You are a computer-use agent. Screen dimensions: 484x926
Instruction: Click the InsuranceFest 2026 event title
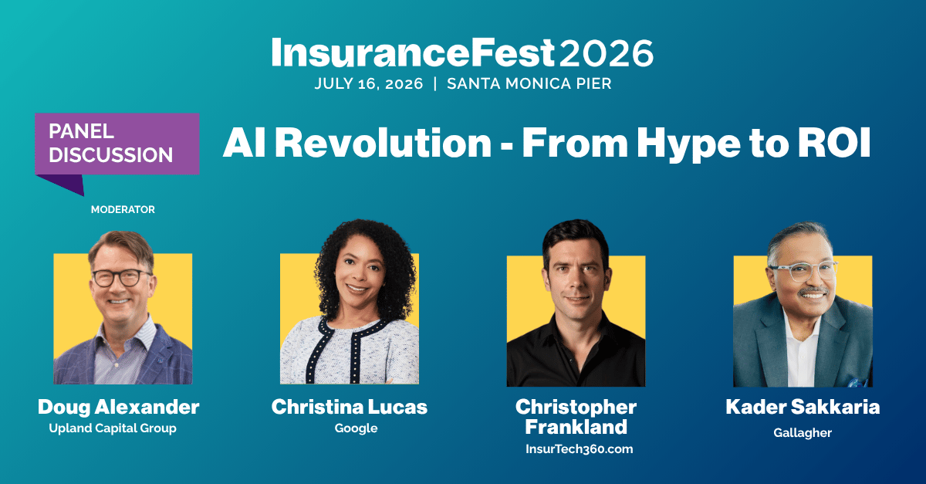(x=462, y=52)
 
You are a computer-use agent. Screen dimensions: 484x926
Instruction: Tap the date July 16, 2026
(x=369, y=84)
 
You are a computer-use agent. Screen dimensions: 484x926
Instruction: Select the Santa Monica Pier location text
(x=529, y=84)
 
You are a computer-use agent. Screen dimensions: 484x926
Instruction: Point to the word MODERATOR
(x=123, y=209)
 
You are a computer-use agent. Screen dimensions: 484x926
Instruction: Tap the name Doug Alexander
(x=118, y=407)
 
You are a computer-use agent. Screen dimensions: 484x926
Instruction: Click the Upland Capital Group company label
(x=113, y=428)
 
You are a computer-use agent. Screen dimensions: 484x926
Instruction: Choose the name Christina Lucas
(x=349, y=407)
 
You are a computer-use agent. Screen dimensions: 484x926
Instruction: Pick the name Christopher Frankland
(x=576, y=416)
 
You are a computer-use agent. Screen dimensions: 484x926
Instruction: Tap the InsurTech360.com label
(x=579, y=448)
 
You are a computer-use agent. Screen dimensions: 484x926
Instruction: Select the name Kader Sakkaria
(x=803, y=407)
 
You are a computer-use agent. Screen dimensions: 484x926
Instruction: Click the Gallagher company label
(x=803, y=433)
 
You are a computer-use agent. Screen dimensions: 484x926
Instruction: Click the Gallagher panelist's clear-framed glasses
(x=802, y=270)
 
